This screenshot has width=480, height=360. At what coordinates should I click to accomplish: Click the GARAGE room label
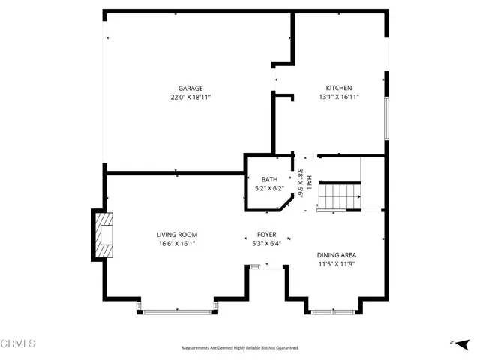point(190,88)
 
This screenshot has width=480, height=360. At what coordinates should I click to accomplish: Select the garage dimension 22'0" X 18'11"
point(190,97)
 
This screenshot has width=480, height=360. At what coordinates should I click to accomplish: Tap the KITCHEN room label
point(338,88)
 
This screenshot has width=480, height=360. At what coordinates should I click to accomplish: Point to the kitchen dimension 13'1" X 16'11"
point(338,97)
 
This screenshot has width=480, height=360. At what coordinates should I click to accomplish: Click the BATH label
point(269,179)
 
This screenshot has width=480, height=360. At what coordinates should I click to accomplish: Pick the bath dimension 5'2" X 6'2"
point(269,188)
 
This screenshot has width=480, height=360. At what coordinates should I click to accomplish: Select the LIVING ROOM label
point(177,235)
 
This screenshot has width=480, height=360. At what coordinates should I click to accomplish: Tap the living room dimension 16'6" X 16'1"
point(177,244)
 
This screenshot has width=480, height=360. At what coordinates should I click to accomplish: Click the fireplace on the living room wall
point(103,235)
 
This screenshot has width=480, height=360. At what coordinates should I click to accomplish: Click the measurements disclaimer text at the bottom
point(240,348)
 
